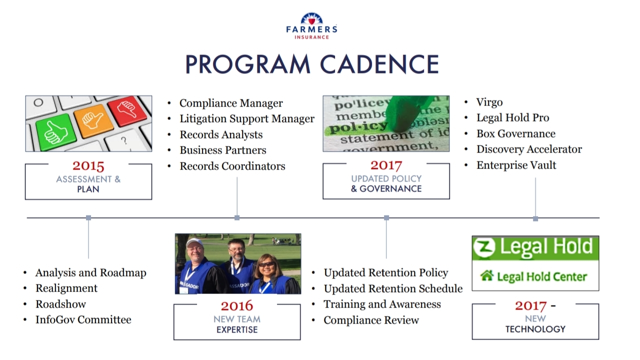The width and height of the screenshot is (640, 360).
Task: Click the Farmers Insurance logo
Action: click(x=311, y=25)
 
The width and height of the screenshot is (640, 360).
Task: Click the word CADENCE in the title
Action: click(x=379, y=64)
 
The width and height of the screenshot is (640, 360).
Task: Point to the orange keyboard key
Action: click(x=93, y=120)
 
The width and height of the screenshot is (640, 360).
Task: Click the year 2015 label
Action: click(x=88, y=165)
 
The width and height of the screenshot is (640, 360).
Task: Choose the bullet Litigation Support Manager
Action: click(x=247, y=118)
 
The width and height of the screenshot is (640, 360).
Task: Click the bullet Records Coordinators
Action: click(x=232, y=166)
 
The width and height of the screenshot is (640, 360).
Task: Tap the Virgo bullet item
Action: click(x=489, y=102)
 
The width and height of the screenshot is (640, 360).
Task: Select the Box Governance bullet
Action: click(x=515, y=134)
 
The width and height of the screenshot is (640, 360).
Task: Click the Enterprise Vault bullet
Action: click(x=516, y=165)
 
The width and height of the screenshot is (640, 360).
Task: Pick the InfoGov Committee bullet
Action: click(x=83, y=320)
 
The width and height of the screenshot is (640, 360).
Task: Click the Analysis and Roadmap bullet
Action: click(x=90, y=273)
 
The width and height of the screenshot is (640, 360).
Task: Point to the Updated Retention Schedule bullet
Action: click(x=393, y=289)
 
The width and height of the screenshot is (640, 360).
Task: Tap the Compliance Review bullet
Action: click(x=371, y=320)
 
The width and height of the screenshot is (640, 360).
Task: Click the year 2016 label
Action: click(x=237, y=305)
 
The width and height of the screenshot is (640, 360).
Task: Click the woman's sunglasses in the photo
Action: click(x=266, y=264)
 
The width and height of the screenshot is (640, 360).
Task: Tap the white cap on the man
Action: click(x=194, y=242)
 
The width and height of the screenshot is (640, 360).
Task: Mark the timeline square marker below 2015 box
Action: click(x=88, y=217)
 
